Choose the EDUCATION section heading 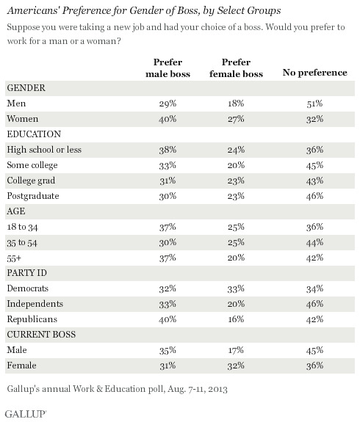[34, 134]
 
